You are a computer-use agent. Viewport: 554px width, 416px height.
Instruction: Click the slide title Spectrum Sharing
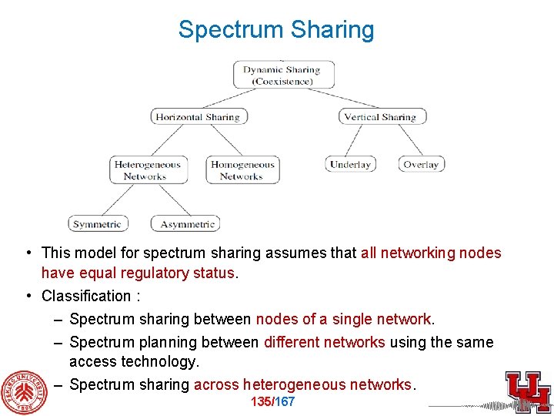click(276, 30)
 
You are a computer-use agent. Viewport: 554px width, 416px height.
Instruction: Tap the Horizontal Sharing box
click(198, 117)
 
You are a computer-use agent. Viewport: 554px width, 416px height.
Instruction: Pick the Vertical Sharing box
click(381, 117)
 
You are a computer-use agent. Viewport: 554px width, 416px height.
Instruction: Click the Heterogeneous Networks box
click(147, 169)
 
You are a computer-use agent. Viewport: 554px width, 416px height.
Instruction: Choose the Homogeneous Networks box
click(242, 169)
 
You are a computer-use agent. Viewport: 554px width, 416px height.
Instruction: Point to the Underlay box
click(350, 164)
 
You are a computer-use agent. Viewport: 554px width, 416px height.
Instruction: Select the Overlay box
click(421, 164)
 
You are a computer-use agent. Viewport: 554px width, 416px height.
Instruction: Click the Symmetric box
click(97, 224)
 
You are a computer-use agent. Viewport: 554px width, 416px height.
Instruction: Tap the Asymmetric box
click(187, 224)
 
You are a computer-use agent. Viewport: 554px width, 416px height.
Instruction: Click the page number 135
click(262, 402)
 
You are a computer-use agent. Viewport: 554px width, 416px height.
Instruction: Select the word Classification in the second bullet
click(85, 296)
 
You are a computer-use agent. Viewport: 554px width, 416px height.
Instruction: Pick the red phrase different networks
click(324, 342)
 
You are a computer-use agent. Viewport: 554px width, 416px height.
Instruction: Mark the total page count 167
click(285, 402)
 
